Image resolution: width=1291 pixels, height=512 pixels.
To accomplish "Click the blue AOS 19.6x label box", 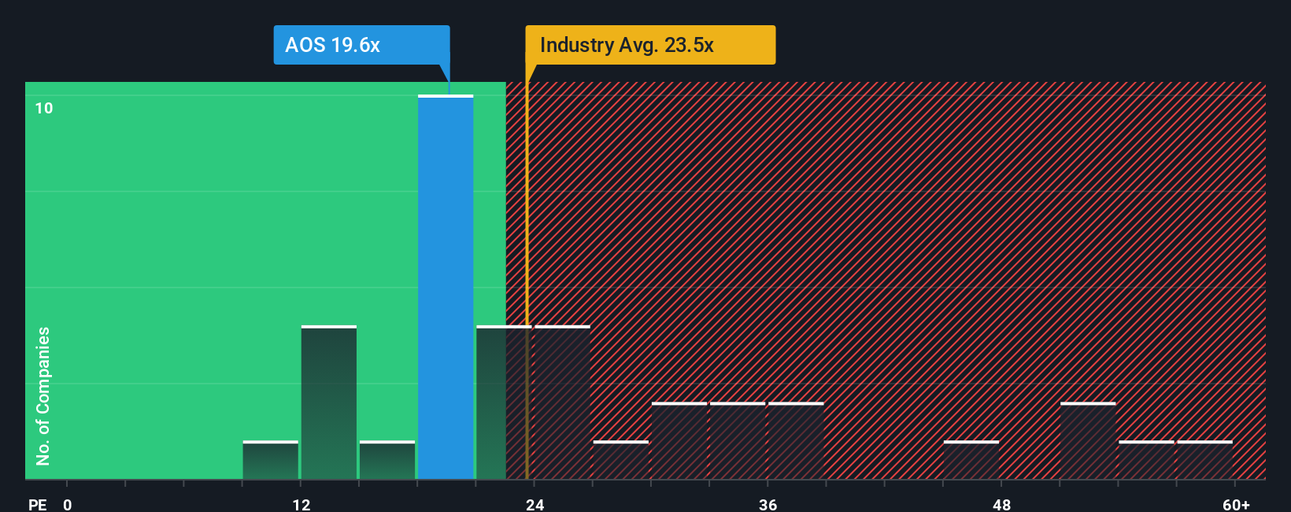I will (361, 45).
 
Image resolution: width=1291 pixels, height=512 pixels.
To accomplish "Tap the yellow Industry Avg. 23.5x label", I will (650, 45).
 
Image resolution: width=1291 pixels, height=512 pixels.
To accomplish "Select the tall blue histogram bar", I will (446, 288).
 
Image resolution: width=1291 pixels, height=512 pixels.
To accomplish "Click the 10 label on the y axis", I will (44, 108).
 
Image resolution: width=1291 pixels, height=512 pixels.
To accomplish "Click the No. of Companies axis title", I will (43, 395).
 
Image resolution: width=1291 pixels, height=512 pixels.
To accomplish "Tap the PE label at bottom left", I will (37, 504).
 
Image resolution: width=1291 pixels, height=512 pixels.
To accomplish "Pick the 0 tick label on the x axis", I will (68, 504).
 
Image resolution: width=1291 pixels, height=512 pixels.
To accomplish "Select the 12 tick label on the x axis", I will (301, 504).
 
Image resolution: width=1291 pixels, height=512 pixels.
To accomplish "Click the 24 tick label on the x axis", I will (535, 504).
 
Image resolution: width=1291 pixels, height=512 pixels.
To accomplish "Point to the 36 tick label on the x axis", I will (768, 504).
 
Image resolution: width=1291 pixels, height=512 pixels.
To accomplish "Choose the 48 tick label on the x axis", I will (1001, 504).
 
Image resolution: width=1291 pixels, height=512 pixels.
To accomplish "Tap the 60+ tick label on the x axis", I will (1236, 504).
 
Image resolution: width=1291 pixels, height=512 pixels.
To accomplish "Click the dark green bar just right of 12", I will (329, 403).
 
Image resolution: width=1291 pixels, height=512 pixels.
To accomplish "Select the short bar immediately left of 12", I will (271, 460).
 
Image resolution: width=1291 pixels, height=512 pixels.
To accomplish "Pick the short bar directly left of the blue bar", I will (387, 460).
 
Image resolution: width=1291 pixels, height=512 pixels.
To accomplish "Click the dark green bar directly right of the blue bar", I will (504, 403).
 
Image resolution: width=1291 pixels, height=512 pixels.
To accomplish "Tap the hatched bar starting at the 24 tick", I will (562, 403).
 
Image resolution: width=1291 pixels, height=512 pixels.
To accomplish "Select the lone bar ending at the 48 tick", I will (971, 460).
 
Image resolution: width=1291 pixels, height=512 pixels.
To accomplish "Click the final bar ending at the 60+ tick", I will (1205, 460).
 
